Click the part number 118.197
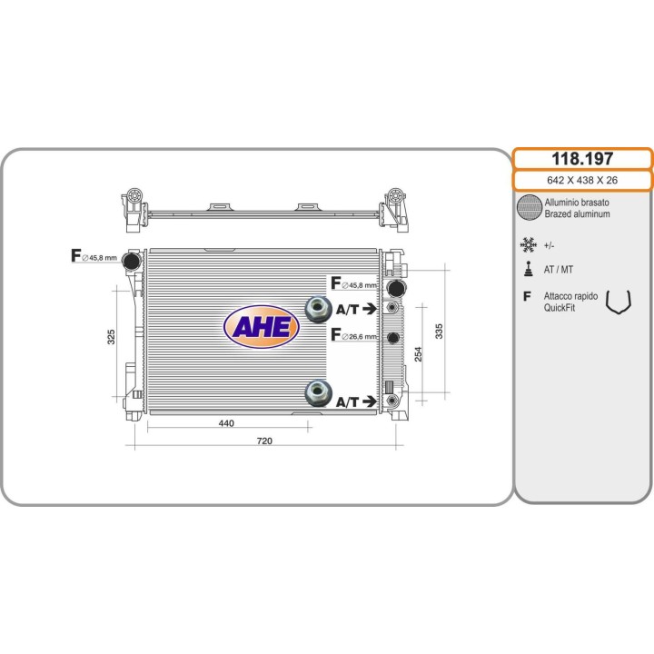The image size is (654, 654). coord(582,159)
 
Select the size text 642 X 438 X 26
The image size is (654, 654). coord(582,180)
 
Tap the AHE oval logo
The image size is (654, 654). coord(262,327)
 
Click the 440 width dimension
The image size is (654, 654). coord(226,423)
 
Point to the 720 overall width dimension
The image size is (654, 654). coord(264,441)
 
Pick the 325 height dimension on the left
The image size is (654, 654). coord(111,337)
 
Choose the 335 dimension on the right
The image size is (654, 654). coord(439,332)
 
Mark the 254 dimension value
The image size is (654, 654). coord(418,354)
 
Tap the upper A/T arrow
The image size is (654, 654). coord(370,309)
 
